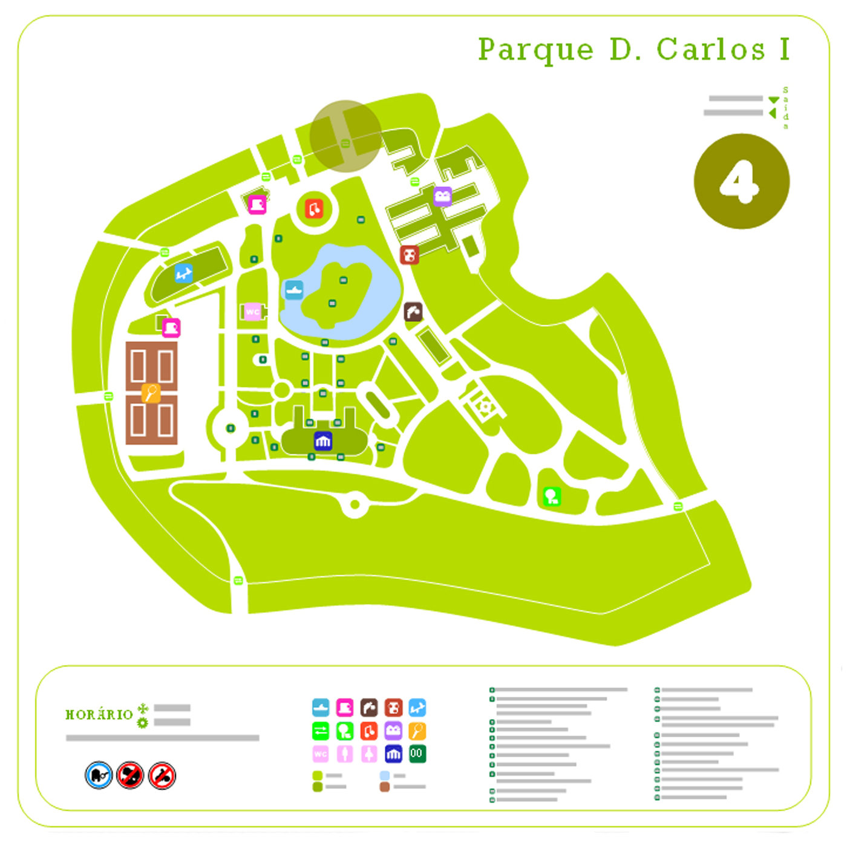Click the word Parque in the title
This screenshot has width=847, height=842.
pyautogui.click(x=535, y=50)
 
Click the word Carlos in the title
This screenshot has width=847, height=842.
pyautogui.click(x=711, y=50)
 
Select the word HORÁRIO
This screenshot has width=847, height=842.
pyautogui.click(x=99, y=714)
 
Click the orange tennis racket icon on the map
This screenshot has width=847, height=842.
pyautogui.click(x=151, y=393)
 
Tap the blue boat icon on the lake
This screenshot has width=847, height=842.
pyautogui.click(x=294, y=290)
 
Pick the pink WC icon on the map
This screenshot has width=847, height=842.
pyautogui.click(x=252, y=312)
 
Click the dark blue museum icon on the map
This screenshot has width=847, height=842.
pyautogui.click(x=323, y=441)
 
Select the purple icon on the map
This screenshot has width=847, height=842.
pyautogui.click(x=443, y=196)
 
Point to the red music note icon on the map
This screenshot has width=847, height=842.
pyautogui.click(x=313, y=209)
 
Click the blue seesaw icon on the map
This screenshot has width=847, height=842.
pyautogui.click(x=184, y=273)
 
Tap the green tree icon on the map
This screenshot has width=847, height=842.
pyautogui.click(x=551, y=497)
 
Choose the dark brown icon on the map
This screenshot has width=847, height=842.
pyautogui.click(x=413, y=312)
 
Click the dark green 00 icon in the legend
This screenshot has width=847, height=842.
pyautogui.click(x=417, y=754)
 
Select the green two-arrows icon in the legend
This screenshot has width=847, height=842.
pyautogui.click(x=321, y=731)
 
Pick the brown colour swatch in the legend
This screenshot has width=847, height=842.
pyautogui.click(x=384, y=787)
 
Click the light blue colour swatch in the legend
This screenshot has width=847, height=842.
pyautogui.click(x=384, y=775)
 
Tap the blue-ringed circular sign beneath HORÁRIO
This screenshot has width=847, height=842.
pyautogui.click(x=99, y=775)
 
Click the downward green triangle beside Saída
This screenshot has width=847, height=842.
pyautogui.click(x=773, y=100)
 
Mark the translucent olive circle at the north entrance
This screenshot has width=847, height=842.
pyautogui.click(x=345, y=136)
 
